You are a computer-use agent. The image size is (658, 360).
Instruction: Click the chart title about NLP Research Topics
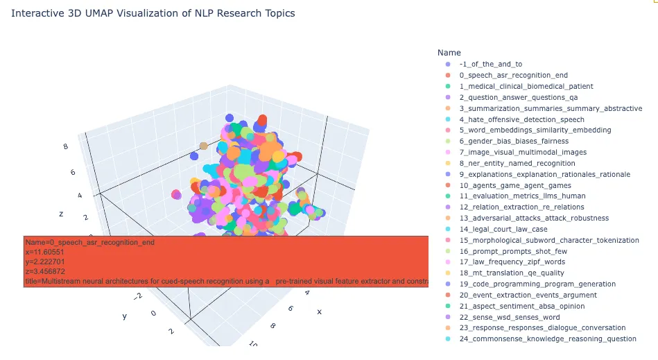[x=153, y=13]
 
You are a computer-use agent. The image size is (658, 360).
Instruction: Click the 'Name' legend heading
[x=449, y=53]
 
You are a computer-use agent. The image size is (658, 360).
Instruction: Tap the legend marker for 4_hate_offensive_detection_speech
[x=447, y=119]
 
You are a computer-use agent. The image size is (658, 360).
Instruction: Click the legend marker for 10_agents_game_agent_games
[x=447, y=185]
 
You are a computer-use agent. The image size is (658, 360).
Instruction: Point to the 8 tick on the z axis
[x=65, y=146]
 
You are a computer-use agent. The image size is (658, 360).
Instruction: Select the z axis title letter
[x=61, y=214]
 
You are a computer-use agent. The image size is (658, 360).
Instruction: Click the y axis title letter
[x=124, y=316]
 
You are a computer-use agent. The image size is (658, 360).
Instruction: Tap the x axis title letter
[x=320, y=311]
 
